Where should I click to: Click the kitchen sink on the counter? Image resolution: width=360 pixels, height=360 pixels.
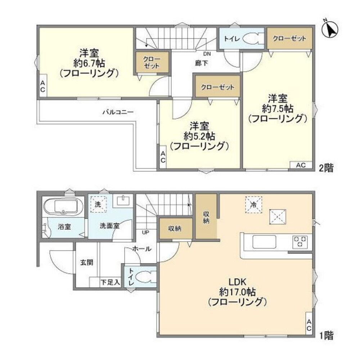(264, 242)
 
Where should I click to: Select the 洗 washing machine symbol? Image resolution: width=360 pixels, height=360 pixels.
(98, 203)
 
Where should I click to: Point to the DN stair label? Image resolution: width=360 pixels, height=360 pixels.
(207, 54)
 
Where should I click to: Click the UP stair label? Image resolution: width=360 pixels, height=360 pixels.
(145, 232)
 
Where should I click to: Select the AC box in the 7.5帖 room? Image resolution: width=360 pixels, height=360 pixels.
(301, 165)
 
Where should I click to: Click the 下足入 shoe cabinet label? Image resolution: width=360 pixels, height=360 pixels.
(110, 283)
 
